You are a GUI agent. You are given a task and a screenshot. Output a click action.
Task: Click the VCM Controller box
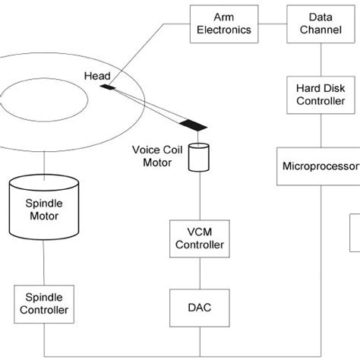tap(200, 238)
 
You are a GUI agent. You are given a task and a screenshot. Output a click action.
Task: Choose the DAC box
tap(200, 308)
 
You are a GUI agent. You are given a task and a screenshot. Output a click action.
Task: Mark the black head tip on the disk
tap(108, 88)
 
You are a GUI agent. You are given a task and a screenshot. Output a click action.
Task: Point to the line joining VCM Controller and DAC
tap(200, 274)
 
